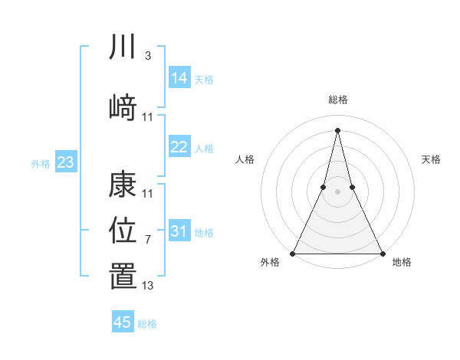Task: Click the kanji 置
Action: point(123,277)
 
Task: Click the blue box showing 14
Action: point(179,78)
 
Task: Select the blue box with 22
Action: point(179,147)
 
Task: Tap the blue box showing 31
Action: point(179,231)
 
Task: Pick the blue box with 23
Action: point(65,162)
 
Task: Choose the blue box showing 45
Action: point(123,322)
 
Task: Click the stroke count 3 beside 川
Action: point(147,56)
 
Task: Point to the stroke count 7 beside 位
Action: point(147,240)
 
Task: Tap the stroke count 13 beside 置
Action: point(148,286)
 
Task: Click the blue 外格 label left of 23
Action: point(41,163)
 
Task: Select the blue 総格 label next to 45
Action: point(147,324)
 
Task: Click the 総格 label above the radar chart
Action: point(337,100)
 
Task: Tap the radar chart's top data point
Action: point(337,129)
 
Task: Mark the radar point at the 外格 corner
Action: point(293,253)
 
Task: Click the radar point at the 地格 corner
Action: point(382,253)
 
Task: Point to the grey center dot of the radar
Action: point(337,191)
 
